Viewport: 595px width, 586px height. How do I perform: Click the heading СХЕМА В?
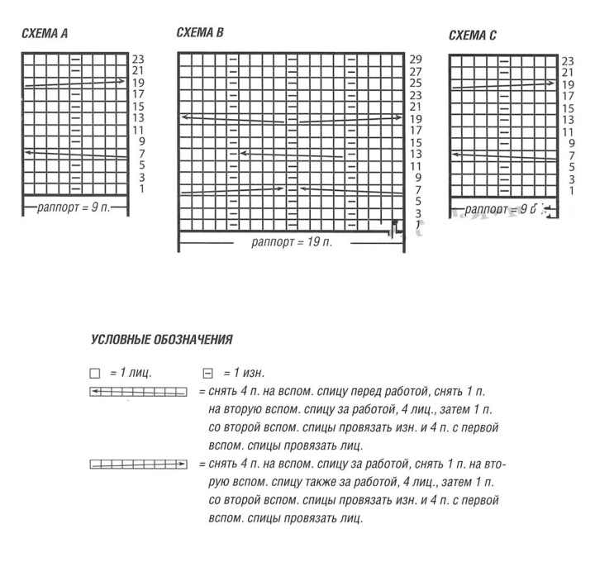click(x=200, y=33)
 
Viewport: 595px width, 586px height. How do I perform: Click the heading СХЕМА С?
click(x=472, y=36)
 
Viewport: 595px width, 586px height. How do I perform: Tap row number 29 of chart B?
click(x=416, y=60)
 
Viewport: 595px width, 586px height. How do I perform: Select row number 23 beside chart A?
click(x=138, y=60)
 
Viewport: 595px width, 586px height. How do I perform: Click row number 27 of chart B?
click(x=416, y=72)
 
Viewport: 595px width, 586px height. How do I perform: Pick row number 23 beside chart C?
click(x=568, y=61)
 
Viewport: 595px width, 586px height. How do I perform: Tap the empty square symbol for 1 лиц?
click(x=93, y=374)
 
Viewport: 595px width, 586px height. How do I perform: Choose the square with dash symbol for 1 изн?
click(x=208, y=374)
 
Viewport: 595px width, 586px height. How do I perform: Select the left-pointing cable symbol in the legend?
click(x=138, y=391)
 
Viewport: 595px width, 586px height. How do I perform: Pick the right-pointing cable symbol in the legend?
click(x=138, y=465)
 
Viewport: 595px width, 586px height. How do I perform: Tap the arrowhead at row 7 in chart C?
click(x=455, y=153)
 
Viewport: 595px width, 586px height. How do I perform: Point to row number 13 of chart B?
click(x=416, y=154)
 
